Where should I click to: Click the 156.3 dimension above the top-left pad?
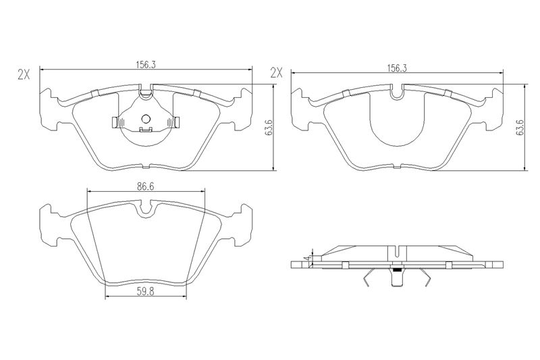[146, 64]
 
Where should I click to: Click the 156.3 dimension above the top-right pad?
[398, 68]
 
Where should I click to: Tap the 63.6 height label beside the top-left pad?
[270, 128]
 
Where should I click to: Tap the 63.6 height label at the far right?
[520, 128]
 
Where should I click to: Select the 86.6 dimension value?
[146, 186]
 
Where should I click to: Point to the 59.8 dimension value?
[146, 292]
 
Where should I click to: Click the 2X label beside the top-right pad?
[276, 73]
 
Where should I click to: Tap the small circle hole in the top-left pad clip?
[146, 119]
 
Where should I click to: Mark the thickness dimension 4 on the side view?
[306, 258]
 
